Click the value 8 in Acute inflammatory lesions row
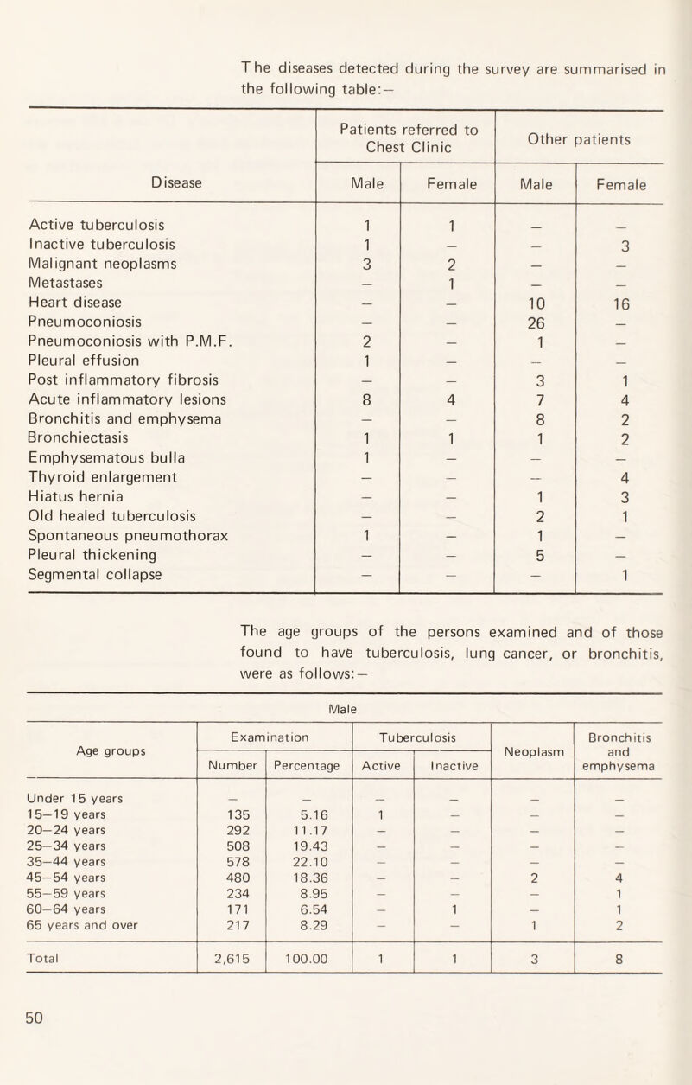click(359, 399)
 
